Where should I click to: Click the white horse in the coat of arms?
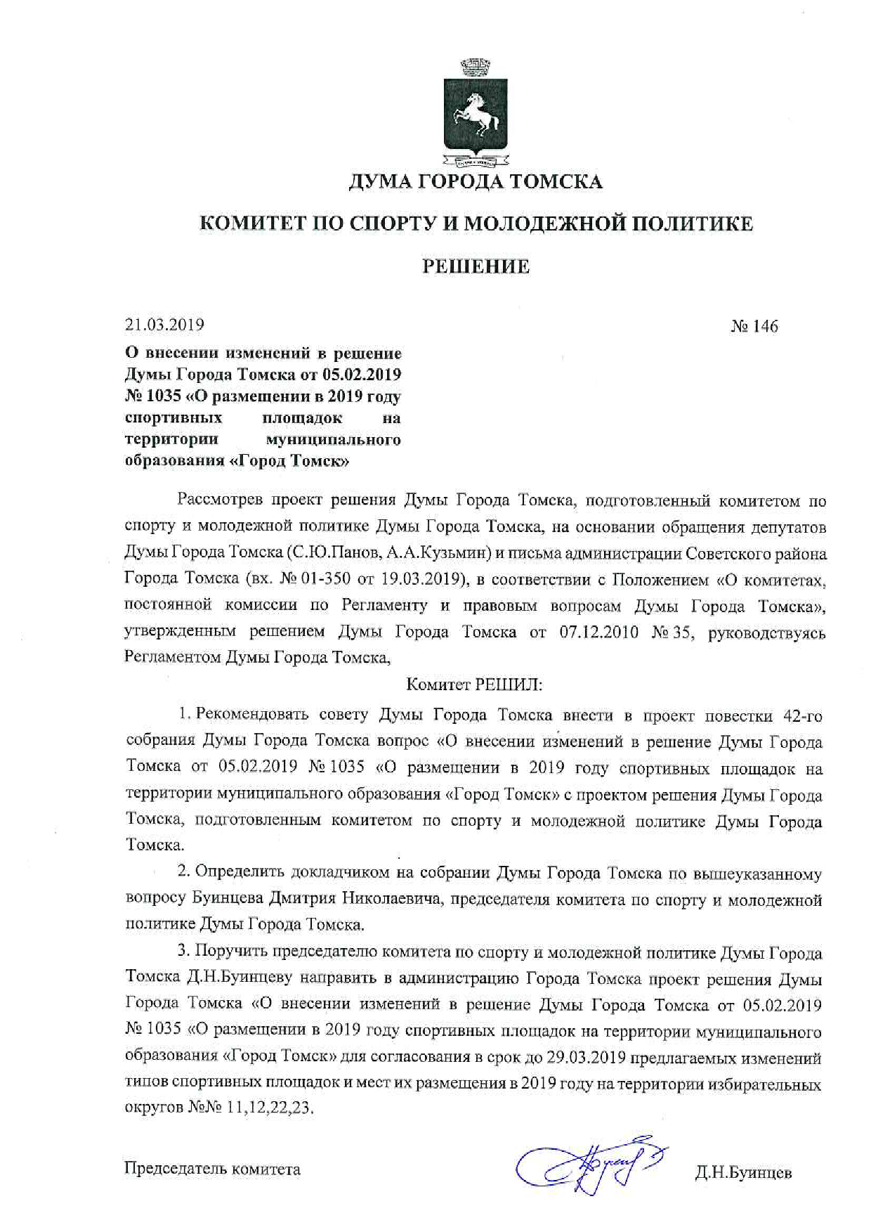click(475, 116)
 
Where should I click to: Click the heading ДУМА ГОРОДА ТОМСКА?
click(476, 182)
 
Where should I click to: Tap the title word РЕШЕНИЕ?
click(476, 267)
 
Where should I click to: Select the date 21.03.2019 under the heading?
click(164, 325)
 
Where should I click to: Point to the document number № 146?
click(754, 327)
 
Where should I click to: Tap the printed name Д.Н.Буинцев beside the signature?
click(743, 1173)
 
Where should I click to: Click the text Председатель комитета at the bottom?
click(212, 1169)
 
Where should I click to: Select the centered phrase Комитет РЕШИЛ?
click(475, 685)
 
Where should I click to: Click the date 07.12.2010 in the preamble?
click(599, 632)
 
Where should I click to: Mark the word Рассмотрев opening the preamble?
click(220, 500)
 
